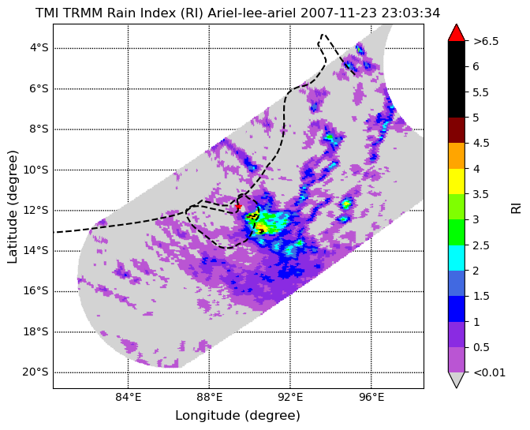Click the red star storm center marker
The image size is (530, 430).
(238, 206)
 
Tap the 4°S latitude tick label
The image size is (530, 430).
(39, 47)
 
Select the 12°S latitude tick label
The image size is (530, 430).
(35, 210)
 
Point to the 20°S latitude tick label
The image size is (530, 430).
(35, 372)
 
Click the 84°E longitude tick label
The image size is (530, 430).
(129, 398)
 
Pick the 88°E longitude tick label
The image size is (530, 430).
(210, 398)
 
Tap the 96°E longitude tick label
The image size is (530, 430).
(371, 398)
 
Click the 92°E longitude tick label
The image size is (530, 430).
(290, 398)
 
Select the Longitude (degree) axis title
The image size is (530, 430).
(237, 416)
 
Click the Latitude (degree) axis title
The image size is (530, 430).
(12, 207)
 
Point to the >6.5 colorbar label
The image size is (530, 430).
(486, 41)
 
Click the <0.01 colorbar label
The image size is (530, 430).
(490, 372)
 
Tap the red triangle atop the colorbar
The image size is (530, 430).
(457, 33)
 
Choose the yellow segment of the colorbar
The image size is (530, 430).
(457, 181)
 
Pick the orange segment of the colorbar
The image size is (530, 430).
(457, 156)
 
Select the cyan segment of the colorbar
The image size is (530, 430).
(457, 258)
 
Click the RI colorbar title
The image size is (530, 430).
(516, 207)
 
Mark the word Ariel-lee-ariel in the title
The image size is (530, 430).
(252, 13)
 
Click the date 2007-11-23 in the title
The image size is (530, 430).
(339, 13)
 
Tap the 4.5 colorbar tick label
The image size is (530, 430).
(481, 143)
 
